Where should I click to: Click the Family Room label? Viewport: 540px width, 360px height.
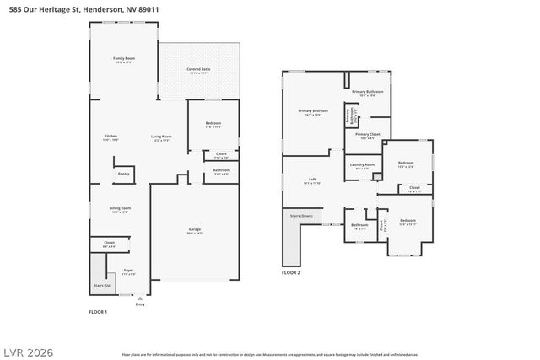(125, 60)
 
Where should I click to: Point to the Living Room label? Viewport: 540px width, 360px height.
(161, 137)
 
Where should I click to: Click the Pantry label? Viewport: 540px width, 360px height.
(123, 174)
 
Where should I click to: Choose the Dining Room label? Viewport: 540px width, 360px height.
(120, 210)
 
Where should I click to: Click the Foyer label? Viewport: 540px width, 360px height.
(128, 271)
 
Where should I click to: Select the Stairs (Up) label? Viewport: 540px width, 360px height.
(102, 285)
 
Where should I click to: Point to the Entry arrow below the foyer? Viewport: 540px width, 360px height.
(140, 298)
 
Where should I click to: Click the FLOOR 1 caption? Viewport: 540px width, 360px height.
(99, 312)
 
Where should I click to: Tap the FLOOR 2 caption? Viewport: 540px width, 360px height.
(291, 272)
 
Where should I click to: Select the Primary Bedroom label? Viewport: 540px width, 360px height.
(313, 112)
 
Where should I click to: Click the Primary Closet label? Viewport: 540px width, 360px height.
(367, 136)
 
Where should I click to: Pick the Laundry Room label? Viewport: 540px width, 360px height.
(361, 166)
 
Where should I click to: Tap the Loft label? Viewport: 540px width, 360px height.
(312, 180)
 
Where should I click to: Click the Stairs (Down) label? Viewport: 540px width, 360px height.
(301, 216)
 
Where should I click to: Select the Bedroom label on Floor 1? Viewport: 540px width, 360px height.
(213, 125)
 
